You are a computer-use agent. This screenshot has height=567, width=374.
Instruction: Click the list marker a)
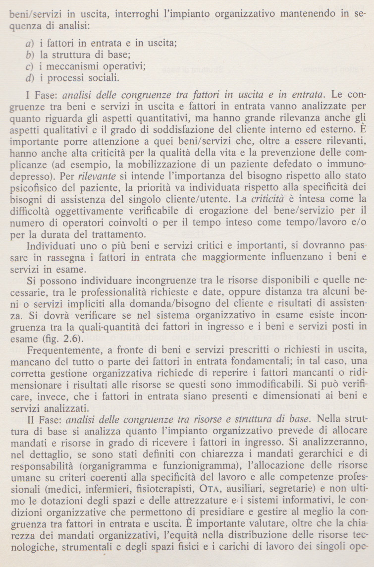coord(29,44)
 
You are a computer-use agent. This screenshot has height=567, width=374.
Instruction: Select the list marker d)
coord(29,78)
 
